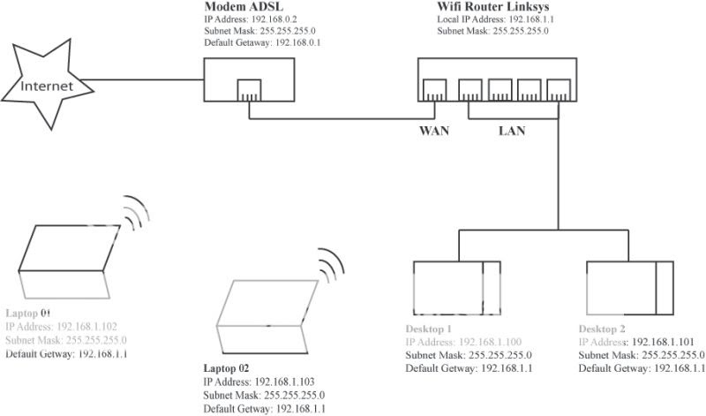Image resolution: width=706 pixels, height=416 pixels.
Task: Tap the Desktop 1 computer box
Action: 455,288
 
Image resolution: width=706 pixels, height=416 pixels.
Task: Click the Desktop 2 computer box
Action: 627,288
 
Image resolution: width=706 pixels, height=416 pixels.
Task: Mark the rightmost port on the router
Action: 557,89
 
